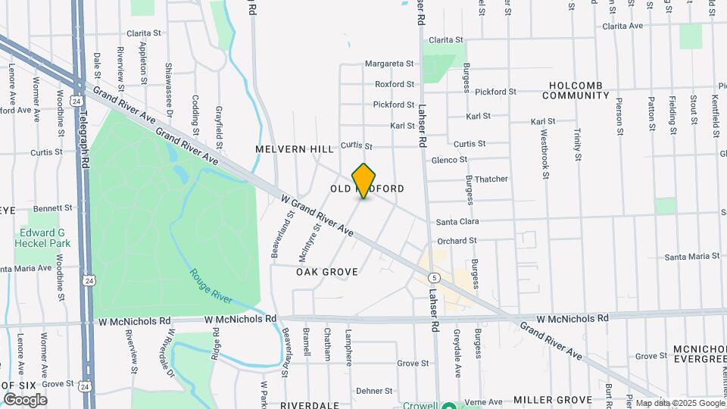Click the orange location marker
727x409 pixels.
tap(364, 181)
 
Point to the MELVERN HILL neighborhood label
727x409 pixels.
tap(295, 150)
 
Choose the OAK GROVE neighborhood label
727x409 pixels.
tap(326, 271)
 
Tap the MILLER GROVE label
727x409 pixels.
tap(552, 399)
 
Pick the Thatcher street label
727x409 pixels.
tap(491, 180)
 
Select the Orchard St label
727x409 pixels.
tap(457, 241)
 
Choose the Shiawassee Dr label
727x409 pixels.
tap(168, 85)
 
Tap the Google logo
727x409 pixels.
tap(25, 400)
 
